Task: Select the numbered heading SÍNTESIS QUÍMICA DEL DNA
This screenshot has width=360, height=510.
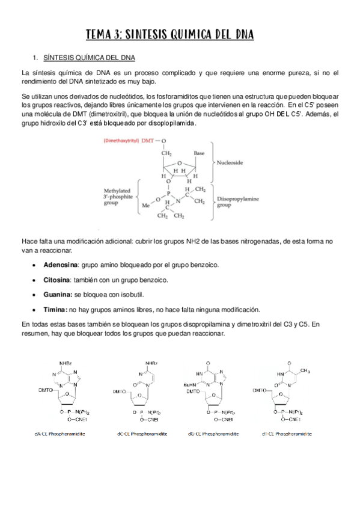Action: coord(90,58)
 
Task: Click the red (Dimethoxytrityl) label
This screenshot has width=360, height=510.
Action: coord(121,141)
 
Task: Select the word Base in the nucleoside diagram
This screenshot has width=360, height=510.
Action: coord(199,154)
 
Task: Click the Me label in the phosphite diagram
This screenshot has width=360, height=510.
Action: coord(145,205)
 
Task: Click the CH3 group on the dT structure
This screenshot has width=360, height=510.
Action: coord(305,370)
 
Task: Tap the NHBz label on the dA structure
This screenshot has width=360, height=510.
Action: coord(66,363)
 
